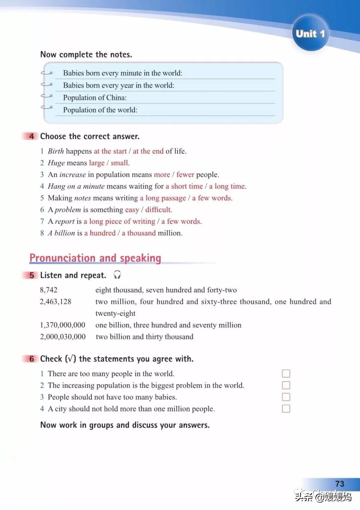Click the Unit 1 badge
[310, 33]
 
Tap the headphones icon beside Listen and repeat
[117, 275]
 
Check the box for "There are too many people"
[286, 373]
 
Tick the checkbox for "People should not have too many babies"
[286, 397]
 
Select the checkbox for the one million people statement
[286, 409]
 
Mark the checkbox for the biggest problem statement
[286, 385]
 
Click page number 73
[340, 484]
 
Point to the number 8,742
[49, 290]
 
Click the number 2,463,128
[56, 301]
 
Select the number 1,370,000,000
[62, 325]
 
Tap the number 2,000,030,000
[63, 337]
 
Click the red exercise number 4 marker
[31, 136]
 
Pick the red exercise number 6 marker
[31, 359]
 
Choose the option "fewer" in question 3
[185, 175]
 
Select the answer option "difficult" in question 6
[158, 210]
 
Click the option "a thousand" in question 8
[139, 233]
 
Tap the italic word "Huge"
[56, 163]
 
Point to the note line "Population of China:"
[95, 98]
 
